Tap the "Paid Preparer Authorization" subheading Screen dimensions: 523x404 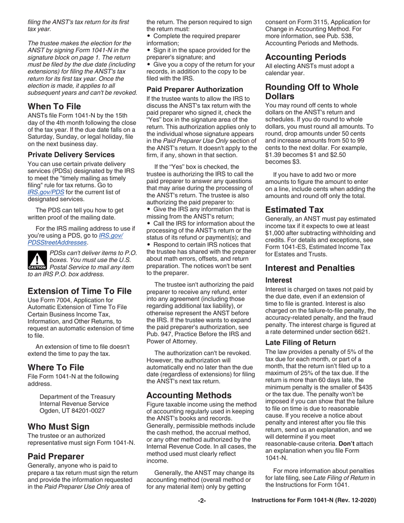coord(195,90)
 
